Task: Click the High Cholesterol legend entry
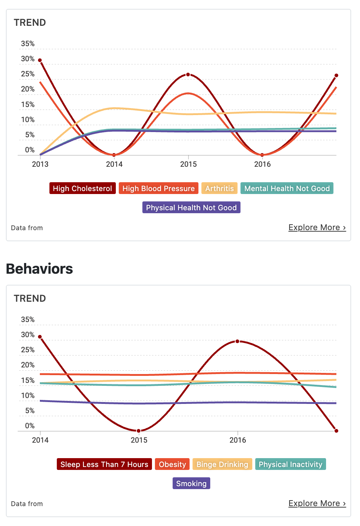83,188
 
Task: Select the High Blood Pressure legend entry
159,188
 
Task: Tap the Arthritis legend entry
219,188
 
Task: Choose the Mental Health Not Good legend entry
287,188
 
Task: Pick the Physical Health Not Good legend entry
191,208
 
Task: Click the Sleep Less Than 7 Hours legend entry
104,464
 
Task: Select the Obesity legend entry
172,464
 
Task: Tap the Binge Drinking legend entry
222,464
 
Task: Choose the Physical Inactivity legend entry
291,464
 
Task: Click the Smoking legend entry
191,484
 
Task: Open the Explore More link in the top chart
317,228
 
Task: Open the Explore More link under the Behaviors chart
317,503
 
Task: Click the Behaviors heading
39,269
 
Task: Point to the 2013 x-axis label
40,164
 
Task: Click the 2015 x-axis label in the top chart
188,164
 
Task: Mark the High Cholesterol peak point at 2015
188,75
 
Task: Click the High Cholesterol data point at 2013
40,60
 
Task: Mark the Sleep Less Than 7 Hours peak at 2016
238,341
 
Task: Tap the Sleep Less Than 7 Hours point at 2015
139,431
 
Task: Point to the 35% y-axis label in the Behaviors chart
28,319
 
